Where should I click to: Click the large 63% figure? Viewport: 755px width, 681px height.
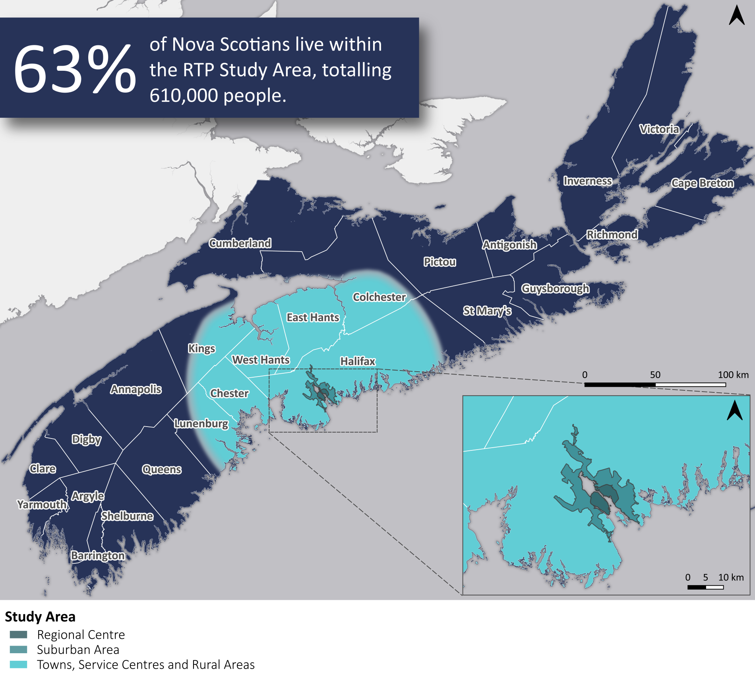(75, 68)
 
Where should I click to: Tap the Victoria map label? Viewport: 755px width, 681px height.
(659, 129)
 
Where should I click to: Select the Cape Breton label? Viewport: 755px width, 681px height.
(702, 183)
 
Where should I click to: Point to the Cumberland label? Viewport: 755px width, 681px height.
(240, 243)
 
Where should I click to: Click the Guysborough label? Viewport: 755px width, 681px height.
(555, 288)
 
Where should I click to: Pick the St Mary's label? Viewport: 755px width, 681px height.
(487, 311)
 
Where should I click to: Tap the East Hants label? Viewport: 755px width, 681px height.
(313, 317)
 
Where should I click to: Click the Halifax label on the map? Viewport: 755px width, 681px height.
(358, 361)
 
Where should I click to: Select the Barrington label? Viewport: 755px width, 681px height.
(97, 555)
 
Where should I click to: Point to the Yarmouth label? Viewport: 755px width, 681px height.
(42, 504)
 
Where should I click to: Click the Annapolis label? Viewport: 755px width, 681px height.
(136, 389)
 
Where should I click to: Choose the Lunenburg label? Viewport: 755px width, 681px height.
(201, 423)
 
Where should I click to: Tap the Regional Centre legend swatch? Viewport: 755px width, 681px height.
(18, 634)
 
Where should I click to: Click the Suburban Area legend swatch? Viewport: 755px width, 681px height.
(18, 650)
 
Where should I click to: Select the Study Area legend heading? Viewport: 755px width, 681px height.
(40, 617)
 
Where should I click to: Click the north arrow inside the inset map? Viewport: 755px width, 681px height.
(734, 411)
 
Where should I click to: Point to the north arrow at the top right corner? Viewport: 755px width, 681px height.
(736, 16)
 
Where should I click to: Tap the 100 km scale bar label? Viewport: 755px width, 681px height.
(733, 374)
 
